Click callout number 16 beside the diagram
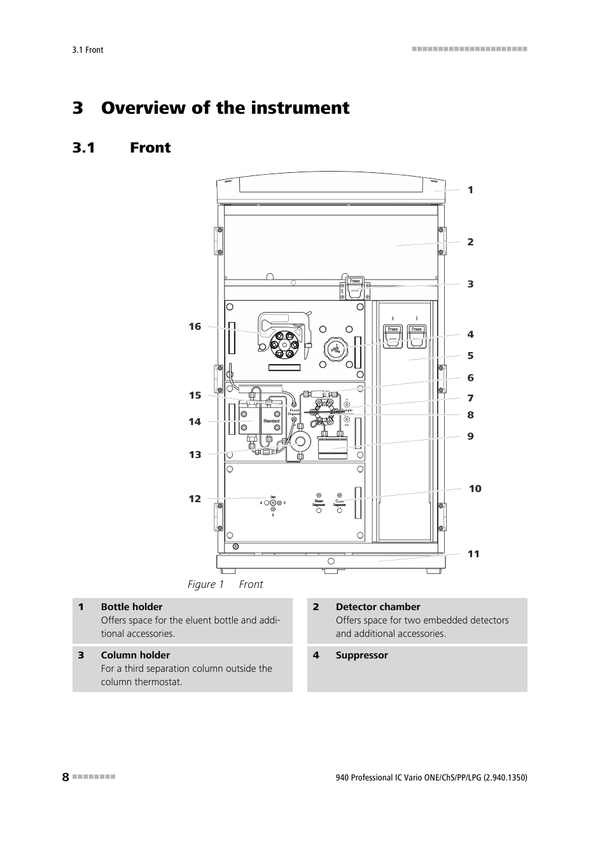tap(195, 327)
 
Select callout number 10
tap(475, 489)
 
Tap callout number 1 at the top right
tap(470, 190)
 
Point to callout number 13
tap(195, 454)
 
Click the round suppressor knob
tap(336, 350)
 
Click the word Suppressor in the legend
tap(361, 655)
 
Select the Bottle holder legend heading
tap(132, 607)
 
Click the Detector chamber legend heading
tap(378, 607)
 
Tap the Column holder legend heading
tap(136, 655)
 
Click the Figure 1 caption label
tap(206, 585)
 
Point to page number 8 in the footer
tap(66, 777)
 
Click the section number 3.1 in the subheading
tap(84, 148)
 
